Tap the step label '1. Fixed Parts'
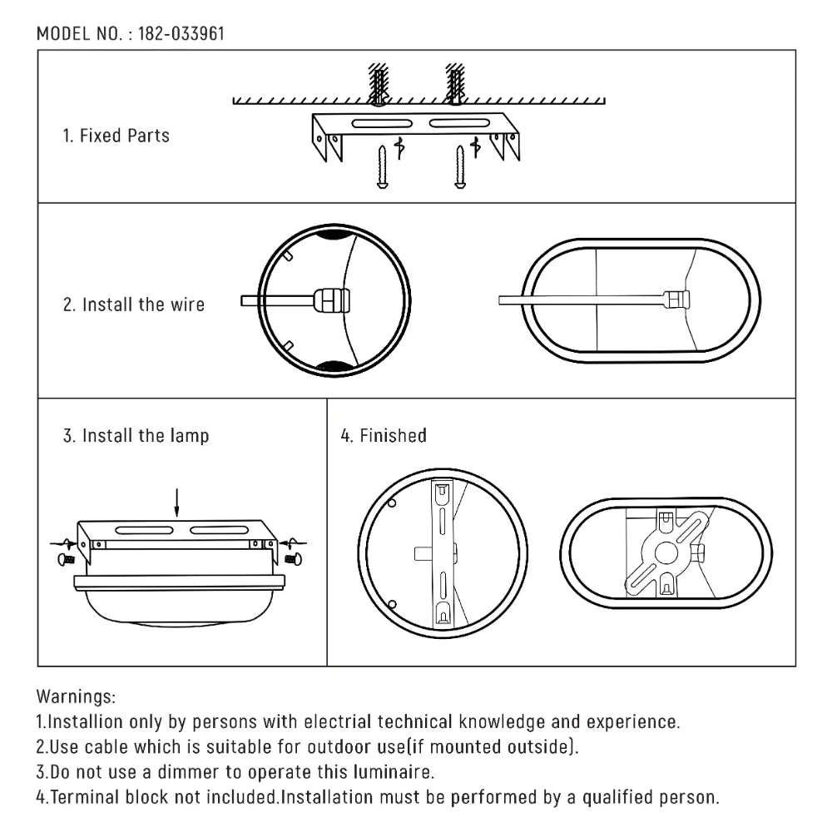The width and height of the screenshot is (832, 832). [116, 136]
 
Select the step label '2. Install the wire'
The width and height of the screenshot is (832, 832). [134, 305]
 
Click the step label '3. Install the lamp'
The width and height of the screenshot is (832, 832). [136, 436]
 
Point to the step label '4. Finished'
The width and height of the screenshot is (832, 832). [384, 436]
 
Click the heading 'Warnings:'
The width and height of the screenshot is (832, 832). [77, 696]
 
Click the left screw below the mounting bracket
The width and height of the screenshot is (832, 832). [382, 168]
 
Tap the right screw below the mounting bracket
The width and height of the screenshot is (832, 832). [459, 168]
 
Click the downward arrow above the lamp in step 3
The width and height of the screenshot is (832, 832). [176, 502]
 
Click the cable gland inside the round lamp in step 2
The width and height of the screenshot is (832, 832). [330, 300]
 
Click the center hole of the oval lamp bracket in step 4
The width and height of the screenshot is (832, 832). [666, 552]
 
